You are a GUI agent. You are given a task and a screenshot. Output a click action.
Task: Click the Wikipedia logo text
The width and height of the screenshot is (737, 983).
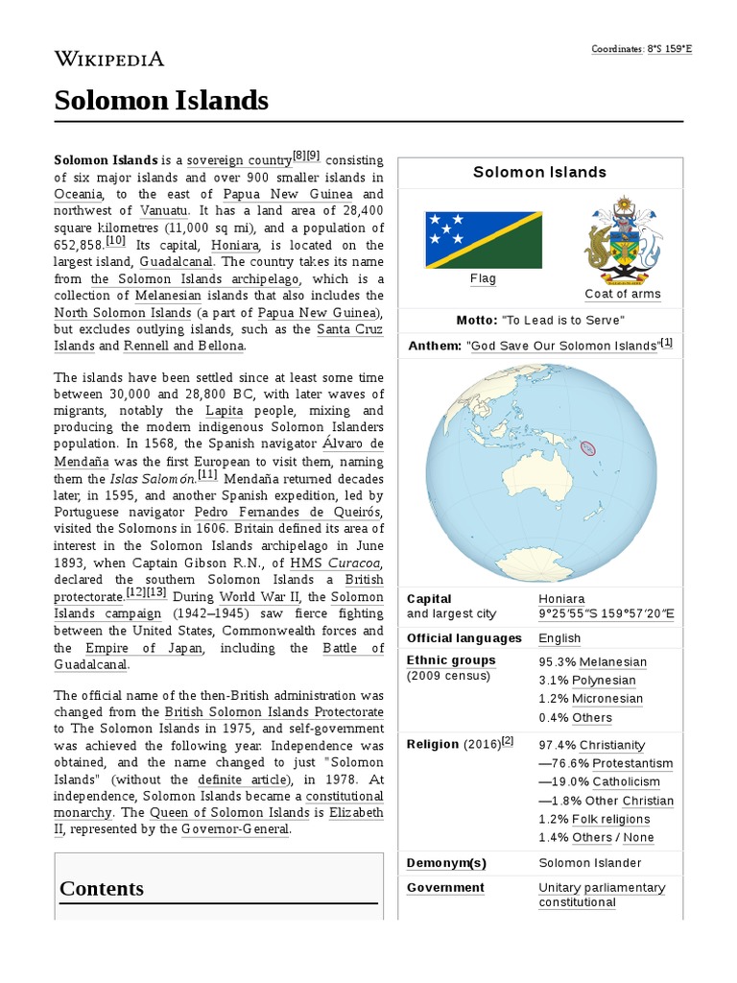coord(108,60)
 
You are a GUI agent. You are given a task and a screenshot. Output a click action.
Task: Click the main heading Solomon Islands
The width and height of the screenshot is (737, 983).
coord(161,100)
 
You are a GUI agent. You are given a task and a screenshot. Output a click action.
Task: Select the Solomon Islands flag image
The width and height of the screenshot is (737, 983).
coord(483,239)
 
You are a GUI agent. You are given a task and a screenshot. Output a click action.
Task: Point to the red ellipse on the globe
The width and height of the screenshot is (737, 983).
coord(588,447)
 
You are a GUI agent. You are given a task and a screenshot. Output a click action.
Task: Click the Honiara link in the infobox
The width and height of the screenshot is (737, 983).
coord(561,598)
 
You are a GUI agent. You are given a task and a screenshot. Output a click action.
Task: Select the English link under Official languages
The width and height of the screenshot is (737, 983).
coord(559,638)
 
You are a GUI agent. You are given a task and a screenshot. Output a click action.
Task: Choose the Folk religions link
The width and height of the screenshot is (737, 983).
coord(610,819)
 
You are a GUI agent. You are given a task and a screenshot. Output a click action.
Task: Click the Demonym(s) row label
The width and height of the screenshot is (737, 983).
coord(446,863)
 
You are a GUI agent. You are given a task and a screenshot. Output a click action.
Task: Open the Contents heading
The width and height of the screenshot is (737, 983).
coord(102,888)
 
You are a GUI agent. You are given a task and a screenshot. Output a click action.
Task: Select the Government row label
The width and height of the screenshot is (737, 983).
coord(445,888)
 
